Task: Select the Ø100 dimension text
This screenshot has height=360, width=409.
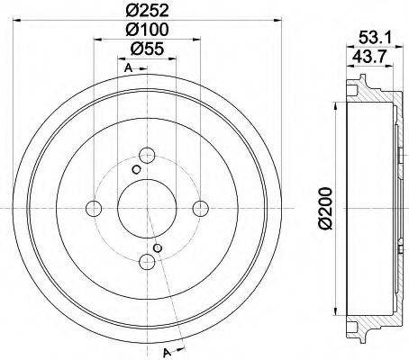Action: click(148, 31)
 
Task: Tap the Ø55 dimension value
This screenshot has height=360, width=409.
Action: click(148, 50)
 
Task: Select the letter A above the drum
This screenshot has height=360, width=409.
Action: click(128, 69)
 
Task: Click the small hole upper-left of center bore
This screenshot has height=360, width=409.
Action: click(135, 169)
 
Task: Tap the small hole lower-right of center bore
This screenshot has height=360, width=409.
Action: click(159, 248)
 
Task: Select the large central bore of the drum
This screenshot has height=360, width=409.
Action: click(146, 209)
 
